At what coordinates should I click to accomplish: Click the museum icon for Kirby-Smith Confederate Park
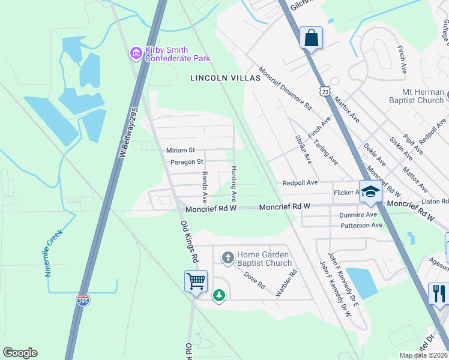[x=136, y=54]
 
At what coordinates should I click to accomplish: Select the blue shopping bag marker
[x=312, y=38]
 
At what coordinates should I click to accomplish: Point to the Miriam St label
[x=180, y=150]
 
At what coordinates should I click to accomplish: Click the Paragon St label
[x=187, y=161]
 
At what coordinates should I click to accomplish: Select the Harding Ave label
[x=234, y=184]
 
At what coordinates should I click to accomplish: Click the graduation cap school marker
[x=370, y=191]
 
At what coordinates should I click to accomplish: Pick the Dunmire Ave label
[x=358, y=214]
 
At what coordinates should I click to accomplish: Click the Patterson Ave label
[x=361, y=225]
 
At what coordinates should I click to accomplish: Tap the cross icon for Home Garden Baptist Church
[x=228, y=258]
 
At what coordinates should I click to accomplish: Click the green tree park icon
[x=220, y=295]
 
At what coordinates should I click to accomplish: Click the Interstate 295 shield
[x=83, y=299]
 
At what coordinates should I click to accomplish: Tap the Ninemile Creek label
[x=53, y=253]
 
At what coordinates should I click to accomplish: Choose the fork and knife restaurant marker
[x=438, y=293]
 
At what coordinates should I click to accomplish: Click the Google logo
[x=20, y=353]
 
